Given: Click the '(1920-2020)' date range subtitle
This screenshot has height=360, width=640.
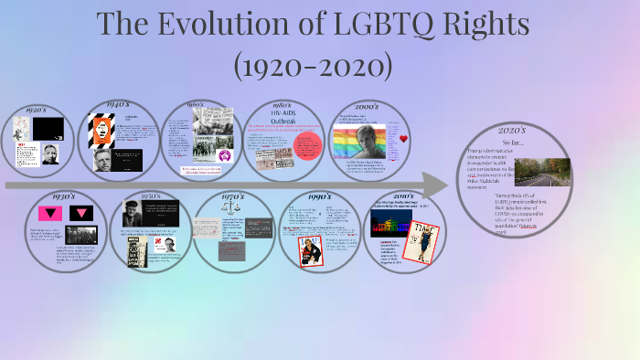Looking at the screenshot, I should [314, 65].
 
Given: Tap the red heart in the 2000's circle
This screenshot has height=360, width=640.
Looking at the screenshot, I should [403, 139].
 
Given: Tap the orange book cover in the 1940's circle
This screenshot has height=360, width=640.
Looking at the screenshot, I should [99, 133].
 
